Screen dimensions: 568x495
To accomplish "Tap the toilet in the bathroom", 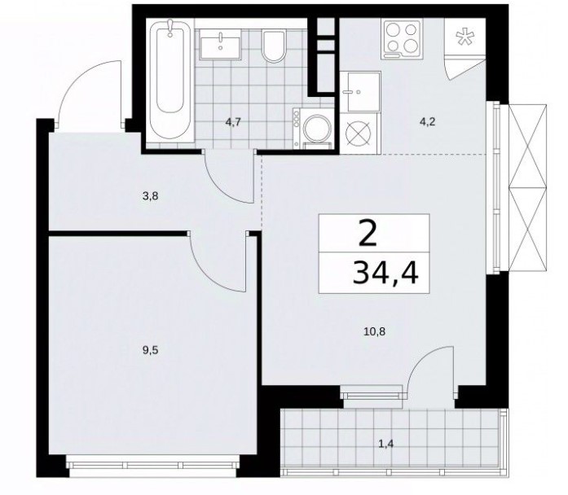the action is (274, 46).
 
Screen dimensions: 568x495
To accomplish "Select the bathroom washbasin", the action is (220, 44).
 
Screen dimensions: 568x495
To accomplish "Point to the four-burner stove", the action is (402, 39).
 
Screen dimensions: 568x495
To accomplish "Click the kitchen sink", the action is (360, 91).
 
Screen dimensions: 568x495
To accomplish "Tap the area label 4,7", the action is (233, 122).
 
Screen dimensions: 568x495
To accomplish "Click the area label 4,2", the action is (427, 122).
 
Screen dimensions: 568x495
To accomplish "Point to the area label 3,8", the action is (151, 197).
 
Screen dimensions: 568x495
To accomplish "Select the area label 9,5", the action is (151, 350).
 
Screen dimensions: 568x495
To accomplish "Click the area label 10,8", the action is (374, 331).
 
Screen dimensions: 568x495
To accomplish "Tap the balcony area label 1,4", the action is (385, 443).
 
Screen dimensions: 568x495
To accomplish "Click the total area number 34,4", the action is (385, 272).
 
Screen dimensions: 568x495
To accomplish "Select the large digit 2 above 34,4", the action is (368, 234).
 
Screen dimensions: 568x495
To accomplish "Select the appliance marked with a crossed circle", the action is (359, 133).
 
